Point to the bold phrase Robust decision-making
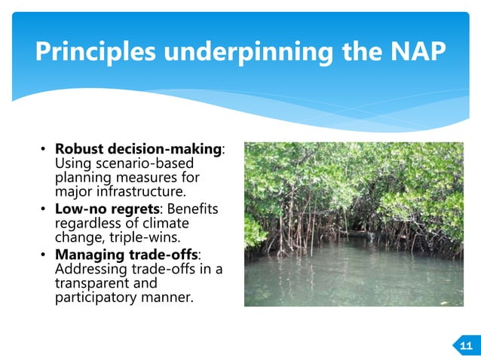[139, 150]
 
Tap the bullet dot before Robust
[44, 150]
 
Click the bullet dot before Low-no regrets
[44, 209]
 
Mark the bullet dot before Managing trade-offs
[44, 254]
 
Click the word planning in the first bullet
[84, 178]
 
